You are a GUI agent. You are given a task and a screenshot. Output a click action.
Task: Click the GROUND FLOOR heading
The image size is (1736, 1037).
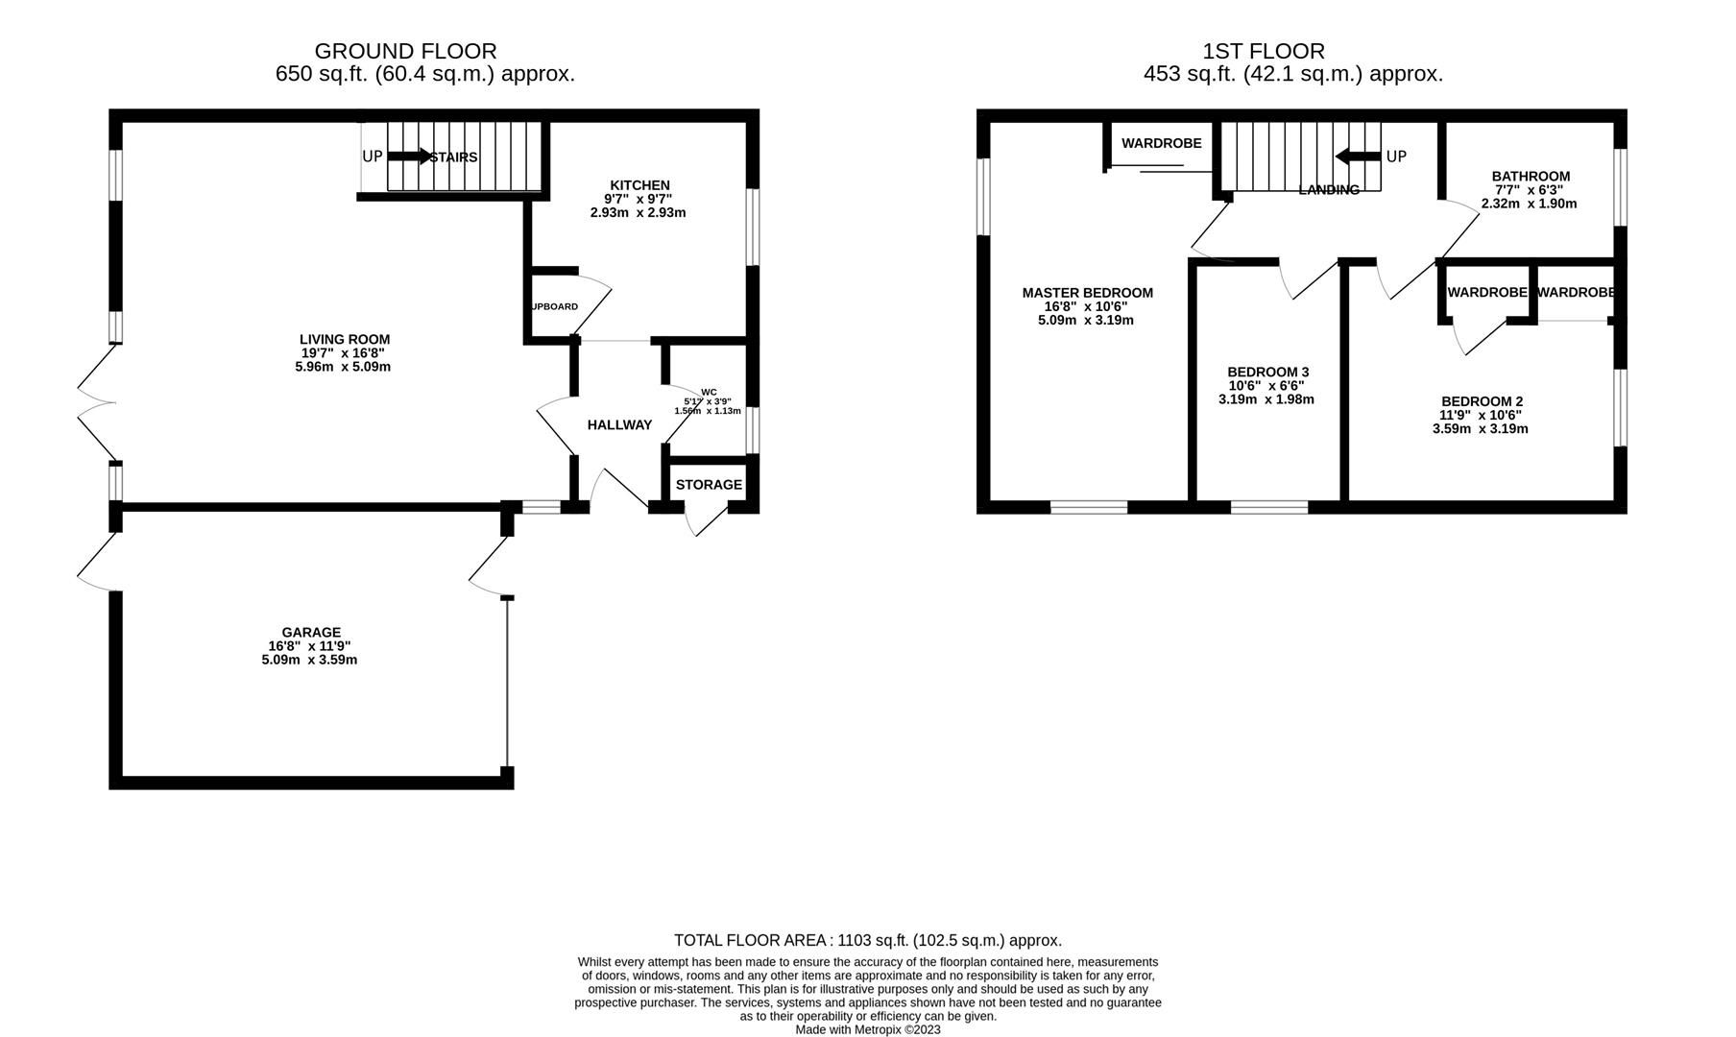[x=405, y=51]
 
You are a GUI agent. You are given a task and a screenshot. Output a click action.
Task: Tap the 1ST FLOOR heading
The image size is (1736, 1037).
[x=1264, y=51]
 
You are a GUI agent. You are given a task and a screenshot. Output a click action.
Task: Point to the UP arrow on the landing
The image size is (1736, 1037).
[x=1358, y=157]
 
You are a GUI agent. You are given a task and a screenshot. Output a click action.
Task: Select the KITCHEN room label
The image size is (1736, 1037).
[x=639, y=185]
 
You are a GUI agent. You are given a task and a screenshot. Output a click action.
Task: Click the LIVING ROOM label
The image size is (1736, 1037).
[x=345, y=339]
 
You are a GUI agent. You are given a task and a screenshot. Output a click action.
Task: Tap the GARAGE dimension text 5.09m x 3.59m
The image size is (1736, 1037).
[x=309, y=660]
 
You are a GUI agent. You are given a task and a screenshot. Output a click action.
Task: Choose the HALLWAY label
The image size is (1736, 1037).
[x=619, y=424]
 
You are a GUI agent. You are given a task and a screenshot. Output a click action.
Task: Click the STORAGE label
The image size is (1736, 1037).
[x=709, y=485]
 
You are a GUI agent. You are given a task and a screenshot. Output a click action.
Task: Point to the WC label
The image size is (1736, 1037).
[x=709, y=392]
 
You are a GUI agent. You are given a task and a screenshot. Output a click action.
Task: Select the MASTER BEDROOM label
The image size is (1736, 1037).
[x=1087, y=293]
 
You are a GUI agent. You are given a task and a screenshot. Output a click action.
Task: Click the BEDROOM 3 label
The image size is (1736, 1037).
[x=1267, y=372]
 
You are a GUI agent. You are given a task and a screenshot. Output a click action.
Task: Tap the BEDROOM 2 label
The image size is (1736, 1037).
[x=1482, y=401]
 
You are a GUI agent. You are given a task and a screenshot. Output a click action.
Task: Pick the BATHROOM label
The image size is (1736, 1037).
[x=1531, y=176]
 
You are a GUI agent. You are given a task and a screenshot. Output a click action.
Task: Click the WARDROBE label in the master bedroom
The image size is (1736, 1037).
[x=1161, y=143]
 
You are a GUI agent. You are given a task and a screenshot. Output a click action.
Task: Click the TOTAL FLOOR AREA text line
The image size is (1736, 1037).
[x=867, y=941]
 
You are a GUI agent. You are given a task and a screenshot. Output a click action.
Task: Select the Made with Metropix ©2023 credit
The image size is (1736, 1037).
[x=867, y=1029]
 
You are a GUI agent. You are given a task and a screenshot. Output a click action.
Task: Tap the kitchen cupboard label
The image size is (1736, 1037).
[x=555, y=307]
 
